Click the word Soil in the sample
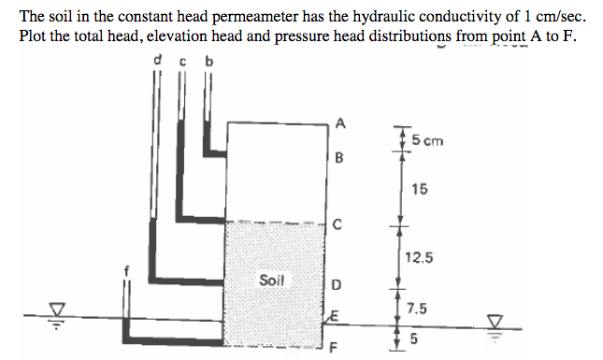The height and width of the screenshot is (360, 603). click(x=273, y=281)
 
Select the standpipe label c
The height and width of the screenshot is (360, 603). click(x=182, y=63)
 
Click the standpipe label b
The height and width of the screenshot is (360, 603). click(x=208, y=63)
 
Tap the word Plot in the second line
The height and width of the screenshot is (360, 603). click(x=34, y=36)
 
